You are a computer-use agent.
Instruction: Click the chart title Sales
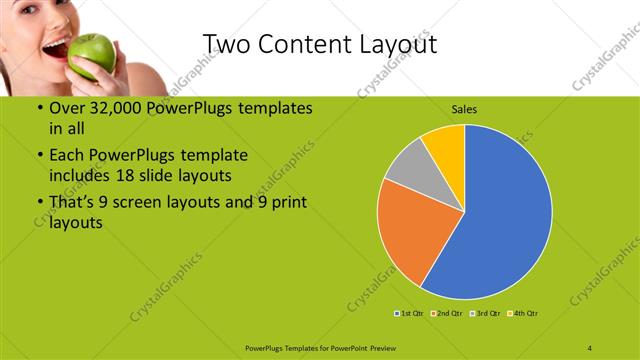pos(464,108)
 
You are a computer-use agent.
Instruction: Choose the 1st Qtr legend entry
pos(408,314)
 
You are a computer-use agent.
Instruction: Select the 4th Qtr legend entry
pos(524,314)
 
